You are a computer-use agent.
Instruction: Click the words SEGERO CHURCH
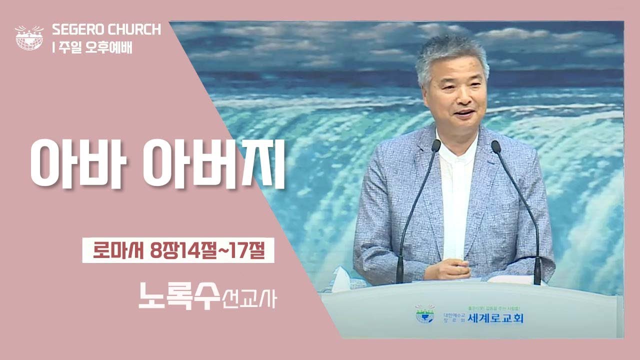click(x=106, y=30)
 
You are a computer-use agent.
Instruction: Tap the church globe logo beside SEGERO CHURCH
click(x=29, y=37)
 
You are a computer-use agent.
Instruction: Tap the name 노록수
click(x=178, y=296)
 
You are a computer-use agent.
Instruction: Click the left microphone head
click(x=435, y=145)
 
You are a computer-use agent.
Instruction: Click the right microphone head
click(x=496, y=146)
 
